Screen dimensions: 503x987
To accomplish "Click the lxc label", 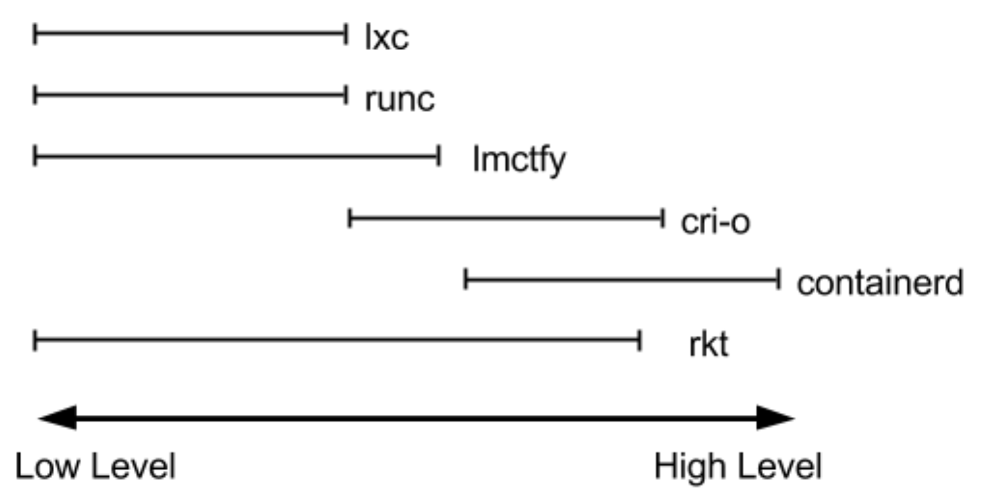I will [387, 39].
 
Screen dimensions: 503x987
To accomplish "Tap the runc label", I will [400, 100].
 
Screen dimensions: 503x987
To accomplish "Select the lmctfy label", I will [519, 160].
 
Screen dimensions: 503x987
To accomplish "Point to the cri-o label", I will [715, 223].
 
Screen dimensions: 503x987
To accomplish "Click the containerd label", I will [880, 283].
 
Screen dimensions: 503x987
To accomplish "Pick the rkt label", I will [708, 345].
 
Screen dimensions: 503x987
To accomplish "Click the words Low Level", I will [95, 466].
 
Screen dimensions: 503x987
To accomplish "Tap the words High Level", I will [738, 466].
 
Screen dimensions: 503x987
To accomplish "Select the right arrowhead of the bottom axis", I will [775, 418].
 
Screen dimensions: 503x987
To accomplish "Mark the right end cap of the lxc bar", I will [346, 33].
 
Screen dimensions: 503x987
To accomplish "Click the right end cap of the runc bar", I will [346, 95].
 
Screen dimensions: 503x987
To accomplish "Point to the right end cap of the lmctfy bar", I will [439, 156].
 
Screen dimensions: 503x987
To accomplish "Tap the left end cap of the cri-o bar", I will [349, 218].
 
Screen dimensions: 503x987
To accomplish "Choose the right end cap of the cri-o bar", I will [662, 218].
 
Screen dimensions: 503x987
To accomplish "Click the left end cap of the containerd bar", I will [465, 280].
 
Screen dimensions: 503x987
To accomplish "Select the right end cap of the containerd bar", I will [779, 280].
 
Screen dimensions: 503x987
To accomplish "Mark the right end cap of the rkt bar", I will [640, 340].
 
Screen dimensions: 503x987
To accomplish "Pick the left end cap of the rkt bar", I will [35, 340].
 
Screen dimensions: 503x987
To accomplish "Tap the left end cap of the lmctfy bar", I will [35, 156].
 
